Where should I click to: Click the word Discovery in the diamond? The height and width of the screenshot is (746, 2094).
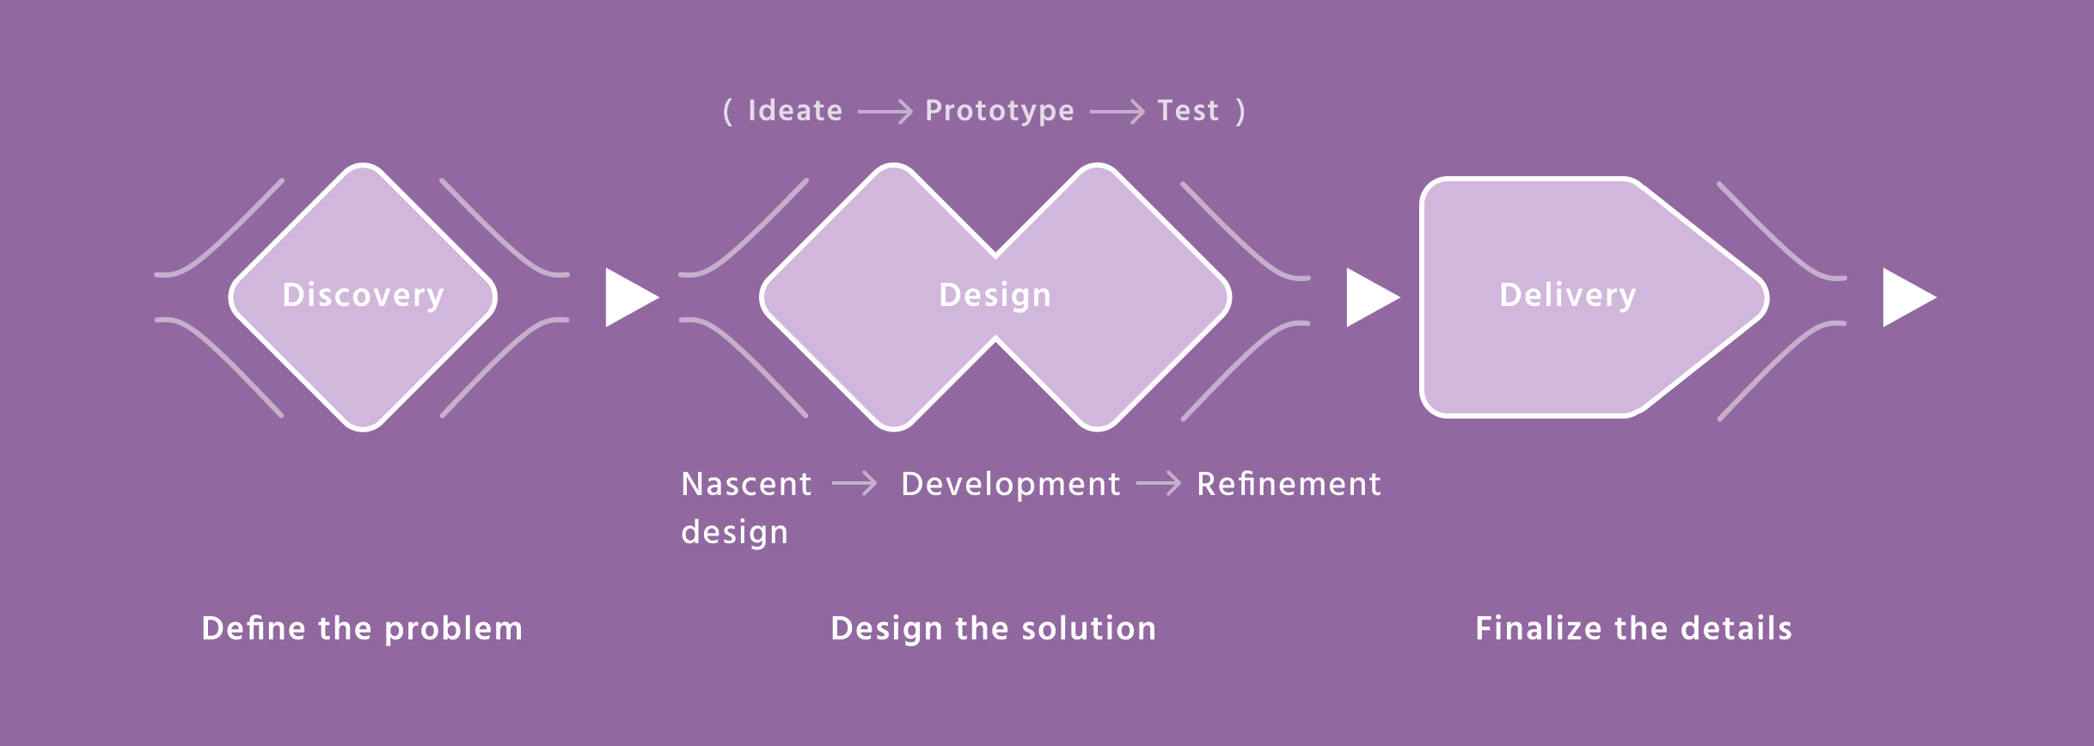[x=363, y=296]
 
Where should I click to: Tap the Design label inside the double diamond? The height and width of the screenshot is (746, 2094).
[x=995, y=296]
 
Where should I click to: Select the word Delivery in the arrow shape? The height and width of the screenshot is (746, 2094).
[x=1568, y=296]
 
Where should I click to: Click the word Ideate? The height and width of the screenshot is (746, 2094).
[x=795, y=111]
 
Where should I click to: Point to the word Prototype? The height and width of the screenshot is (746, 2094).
[x=1000, y=112]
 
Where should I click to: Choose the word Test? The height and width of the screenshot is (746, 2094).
[x=1188, y=111]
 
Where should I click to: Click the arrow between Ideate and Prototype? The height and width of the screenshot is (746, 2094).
[x=885, y=112]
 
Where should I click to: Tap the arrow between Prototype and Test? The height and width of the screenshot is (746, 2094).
[x=1117, y=112]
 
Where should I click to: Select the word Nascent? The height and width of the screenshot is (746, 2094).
[x=746, y=484]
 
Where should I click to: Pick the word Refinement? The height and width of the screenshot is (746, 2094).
[x=1289, y=484]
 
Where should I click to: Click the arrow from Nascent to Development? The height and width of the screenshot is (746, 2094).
[x=854, y=484]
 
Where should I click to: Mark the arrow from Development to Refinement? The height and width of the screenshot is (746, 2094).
[x=1159, y=484]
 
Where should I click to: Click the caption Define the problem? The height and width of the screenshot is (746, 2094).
[x=362, y=629]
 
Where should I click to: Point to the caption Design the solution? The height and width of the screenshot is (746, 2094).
[x=994, y=629]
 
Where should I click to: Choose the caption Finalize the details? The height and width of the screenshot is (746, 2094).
[x=1634, y=628]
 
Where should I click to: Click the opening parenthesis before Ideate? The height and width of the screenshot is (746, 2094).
[x=728, y=112]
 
